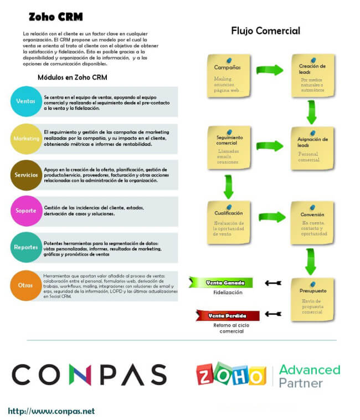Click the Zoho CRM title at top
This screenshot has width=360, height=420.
tap(55, 17)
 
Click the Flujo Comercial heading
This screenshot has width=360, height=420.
tap(265, 30)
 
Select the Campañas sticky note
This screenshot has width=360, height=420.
tap(228, 75)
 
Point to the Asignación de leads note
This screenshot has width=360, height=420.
tap(312, 147)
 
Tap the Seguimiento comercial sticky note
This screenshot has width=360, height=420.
tap(228, 147)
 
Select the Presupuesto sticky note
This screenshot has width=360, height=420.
tap(313, 299)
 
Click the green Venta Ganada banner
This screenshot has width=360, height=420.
tap(222, 283)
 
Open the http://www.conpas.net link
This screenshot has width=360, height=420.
tap(51, 411)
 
